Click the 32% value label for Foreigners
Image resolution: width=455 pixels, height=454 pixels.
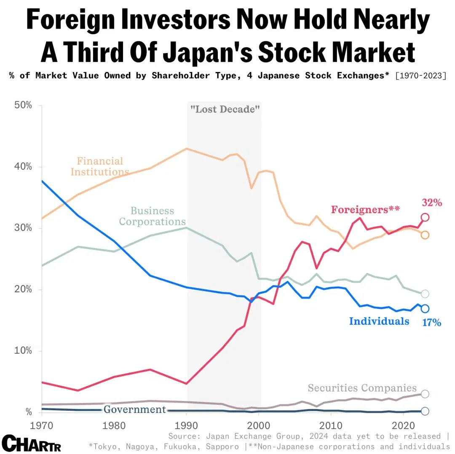click(432, 203)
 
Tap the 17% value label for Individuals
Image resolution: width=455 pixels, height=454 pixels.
click(432, 323)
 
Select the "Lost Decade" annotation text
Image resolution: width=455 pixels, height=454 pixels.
click(225, 109)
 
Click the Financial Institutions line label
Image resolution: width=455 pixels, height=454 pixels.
click(100, 166)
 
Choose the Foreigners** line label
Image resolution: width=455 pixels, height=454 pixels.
click(365, 209)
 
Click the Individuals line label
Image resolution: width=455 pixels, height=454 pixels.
click(379, 321)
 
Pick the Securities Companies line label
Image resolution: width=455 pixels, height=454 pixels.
click(362, 388)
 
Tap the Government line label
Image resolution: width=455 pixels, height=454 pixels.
click(135, 409)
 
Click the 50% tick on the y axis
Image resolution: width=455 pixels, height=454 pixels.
click(24, 105)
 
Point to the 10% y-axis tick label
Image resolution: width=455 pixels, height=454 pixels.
click(24, 351)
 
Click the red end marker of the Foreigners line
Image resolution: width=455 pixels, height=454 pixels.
click(425, 217)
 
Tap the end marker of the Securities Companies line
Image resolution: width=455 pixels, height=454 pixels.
click(425, 394)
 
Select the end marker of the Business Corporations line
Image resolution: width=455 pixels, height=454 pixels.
click(425, 294)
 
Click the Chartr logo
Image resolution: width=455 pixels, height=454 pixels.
click(32, 443)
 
